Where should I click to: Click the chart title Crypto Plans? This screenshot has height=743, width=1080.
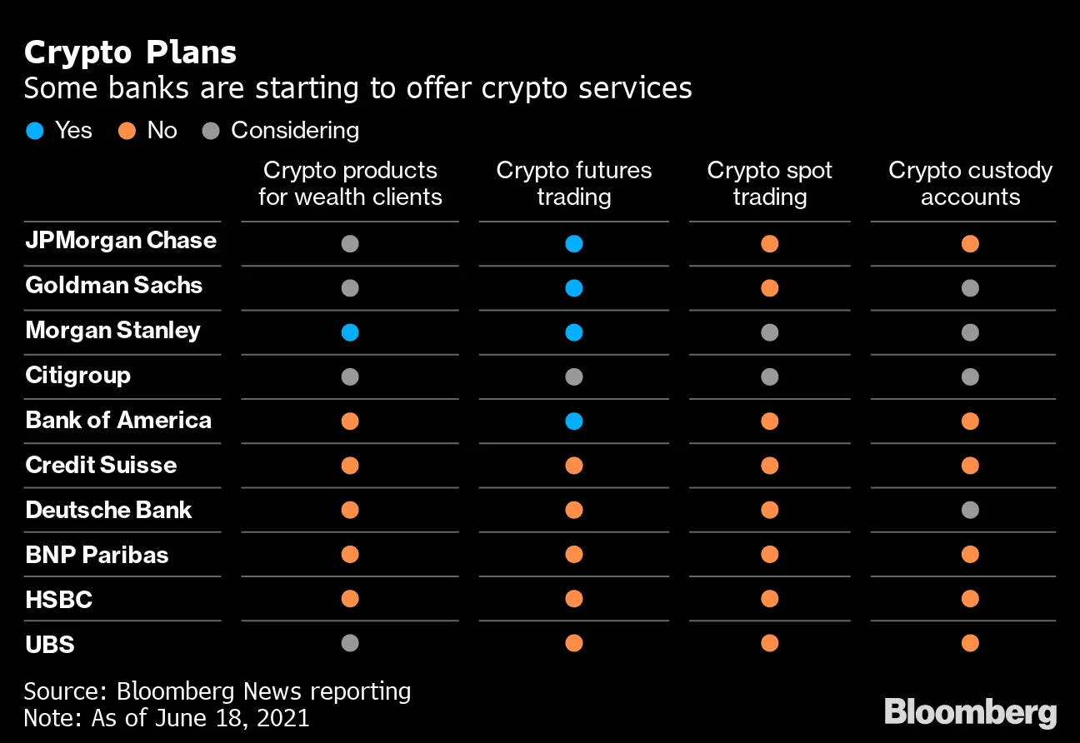coord(130,52)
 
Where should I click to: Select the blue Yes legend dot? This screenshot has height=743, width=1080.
coord(35,131)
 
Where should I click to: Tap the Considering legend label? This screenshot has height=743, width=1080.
coord(294,131)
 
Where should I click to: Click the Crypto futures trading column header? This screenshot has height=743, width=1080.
coord(573,183)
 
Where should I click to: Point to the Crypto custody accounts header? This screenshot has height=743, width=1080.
coord(970,183)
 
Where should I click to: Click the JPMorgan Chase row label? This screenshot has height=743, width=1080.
coord(121,241)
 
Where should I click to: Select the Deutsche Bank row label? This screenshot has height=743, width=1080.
coord(108,510)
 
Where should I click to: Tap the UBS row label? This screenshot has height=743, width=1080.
coord(50,644)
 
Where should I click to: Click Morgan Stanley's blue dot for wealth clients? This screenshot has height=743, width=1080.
coord(350,332)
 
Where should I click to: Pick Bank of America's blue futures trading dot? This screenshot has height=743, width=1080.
coord(573,421)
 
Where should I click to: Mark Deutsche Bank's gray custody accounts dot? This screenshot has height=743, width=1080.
coord(970,510)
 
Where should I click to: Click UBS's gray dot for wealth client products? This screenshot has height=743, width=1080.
coord(350,643)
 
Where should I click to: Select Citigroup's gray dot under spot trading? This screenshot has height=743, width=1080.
coord(769,376)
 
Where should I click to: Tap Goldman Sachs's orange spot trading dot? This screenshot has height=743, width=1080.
coord(769,288)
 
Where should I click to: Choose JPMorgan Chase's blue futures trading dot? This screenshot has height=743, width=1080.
coord(573,243)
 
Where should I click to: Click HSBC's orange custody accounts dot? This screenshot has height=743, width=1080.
coord(970,598)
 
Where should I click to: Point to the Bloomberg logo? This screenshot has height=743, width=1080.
coord(970,713)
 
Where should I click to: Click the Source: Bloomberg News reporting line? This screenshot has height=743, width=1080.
coord(217,691)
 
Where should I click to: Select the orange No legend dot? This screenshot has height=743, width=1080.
coord(127,131)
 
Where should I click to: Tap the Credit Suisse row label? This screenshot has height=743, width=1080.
coord(101,465)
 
